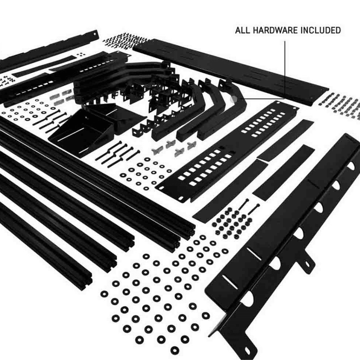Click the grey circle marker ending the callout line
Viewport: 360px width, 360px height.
click(x=233, y=98)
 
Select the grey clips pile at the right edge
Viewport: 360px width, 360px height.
click(x=340, y=103)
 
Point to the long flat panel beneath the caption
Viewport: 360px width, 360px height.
click(x=230, y=68)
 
